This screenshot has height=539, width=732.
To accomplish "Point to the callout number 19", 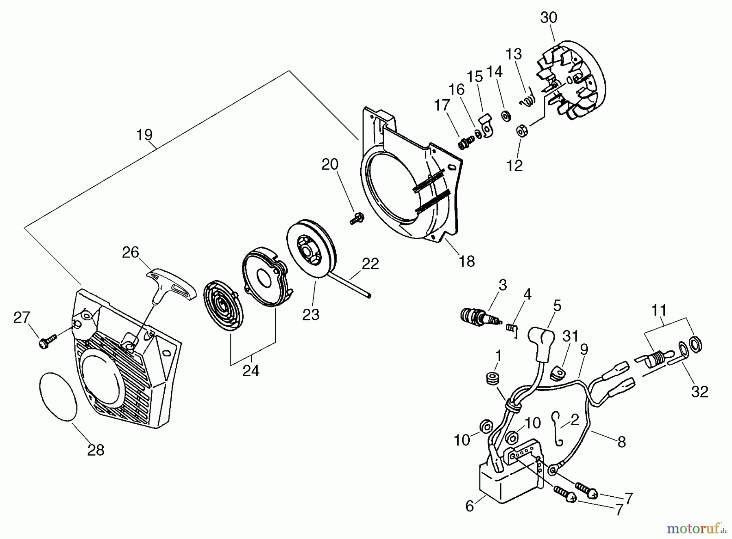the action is (x=144, y=135).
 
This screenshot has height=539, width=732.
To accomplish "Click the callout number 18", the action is (x=467, y=261).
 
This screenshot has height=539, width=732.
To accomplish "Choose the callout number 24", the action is (x=251, y=371).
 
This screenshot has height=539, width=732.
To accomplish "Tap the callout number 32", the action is (x=699, y=392).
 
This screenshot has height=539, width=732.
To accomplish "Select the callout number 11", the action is (x=659, y=310).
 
